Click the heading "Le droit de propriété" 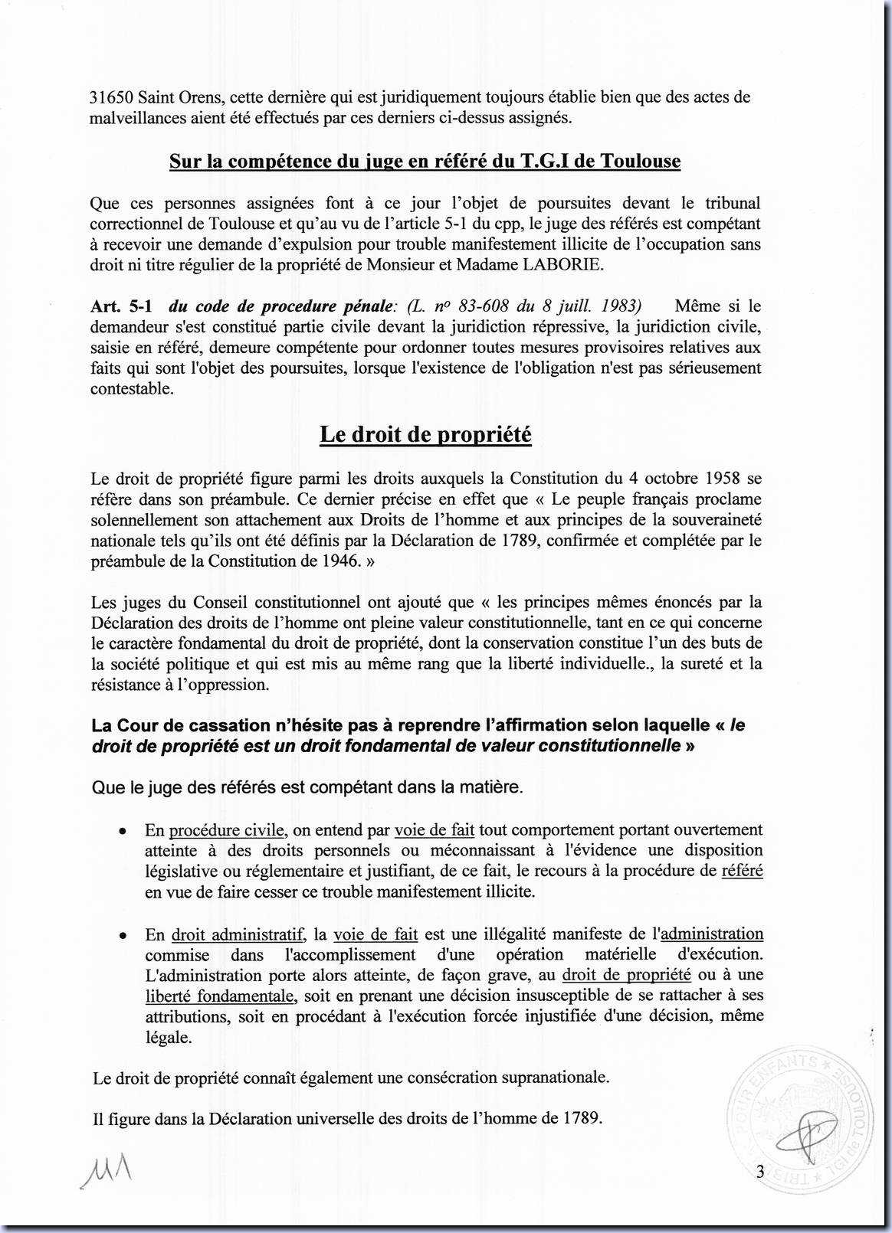coord(425,435)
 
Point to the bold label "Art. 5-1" coord(121,306)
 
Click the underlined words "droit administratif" coord(238,934)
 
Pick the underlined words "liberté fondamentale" coord(219,996)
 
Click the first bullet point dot coord(121,831)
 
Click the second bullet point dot coord(121,936)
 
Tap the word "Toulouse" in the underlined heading coord(640,162)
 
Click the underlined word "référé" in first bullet coord(742,871)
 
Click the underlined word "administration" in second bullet coord(712,934)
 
